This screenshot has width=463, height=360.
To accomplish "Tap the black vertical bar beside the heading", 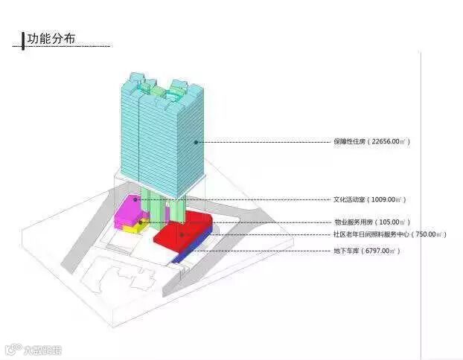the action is point(23,39).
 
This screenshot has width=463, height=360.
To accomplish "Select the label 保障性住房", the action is point(351,141).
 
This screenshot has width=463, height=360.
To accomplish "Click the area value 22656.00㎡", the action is point(391,141).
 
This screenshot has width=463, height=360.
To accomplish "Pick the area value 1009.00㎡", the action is point(389,199).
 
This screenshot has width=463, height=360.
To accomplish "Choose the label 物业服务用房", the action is point(354,222).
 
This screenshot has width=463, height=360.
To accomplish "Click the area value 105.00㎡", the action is point(392,222).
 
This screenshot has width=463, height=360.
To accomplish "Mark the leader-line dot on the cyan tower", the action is point(196,141).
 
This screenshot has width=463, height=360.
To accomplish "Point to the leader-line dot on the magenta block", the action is point(135,199).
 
